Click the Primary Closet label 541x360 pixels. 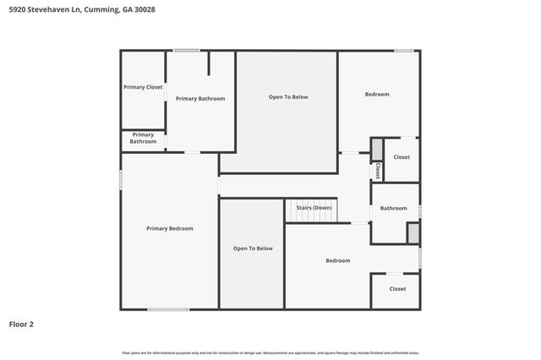[x=143, y=87]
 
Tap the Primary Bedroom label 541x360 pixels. [x=169, y=228]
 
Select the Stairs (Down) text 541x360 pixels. [x=314, y=207]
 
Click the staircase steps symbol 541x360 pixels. [x=311, y=218]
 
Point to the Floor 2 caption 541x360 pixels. [x=21, y=324]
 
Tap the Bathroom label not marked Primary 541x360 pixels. [x=393, y=208]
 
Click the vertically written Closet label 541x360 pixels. [x=378, y=170]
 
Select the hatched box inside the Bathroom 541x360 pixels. [x=413, y=233]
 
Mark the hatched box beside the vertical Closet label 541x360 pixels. [x=377, y=150]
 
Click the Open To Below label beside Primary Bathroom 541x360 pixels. [x=288, y=97]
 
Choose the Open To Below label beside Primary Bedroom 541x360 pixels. [x=253, y=248]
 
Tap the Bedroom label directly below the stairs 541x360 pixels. [x=337, y=260]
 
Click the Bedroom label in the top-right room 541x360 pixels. [x=377, y=94]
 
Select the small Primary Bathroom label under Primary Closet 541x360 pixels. [x=143, y=138]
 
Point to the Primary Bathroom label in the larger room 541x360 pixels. [x=200, y=99]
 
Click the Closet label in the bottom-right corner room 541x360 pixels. [x=397, y=289]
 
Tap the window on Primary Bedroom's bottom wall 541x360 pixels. [x=168, y=309]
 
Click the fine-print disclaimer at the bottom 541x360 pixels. [x=270, y=352]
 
